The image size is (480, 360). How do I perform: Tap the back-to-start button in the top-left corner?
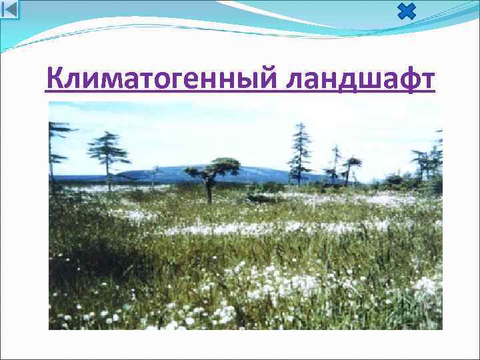[10, 9]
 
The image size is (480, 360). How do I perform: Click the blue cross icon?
[406, 11]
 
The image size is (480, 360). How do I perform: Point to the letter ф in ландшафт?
[405, 81]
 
